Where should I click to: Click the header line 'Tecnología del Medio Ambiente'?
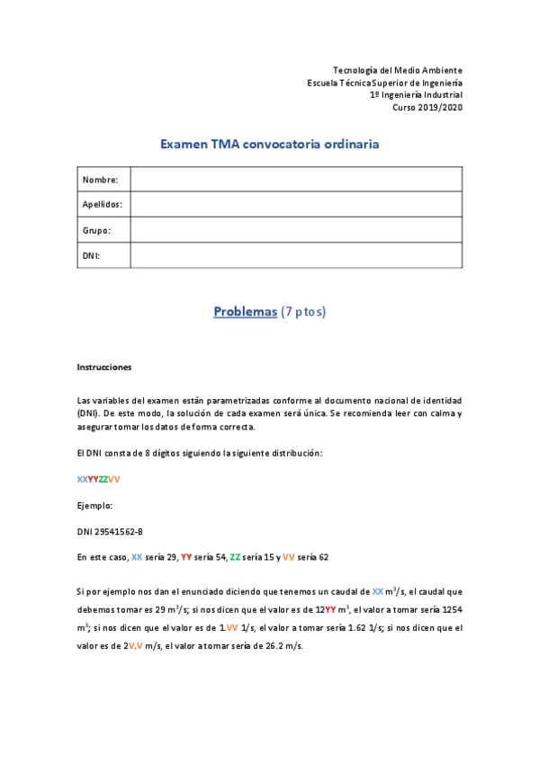398,70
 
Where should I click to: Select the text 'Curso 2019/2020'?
427,107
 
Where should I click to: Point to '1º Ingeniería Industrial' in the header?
416,94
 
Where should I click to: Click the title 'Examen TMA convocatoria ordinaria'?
269,144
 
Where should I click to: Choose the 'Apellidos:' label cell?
103,205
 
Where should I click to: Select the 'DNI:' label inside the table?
92,255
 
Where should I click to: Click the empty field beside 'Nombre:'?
296,180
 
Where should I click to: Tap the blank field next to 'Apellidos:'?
296,205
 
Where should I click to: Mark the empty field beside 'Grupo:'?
296,230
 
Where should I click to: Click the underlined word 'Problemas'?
245,312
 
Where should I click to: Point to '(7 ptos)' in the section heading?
303,312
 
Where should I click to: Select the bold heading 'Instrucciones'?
104,367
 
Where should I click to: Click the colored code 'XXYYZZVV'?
99,479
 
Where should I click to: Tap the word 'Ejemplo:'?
95,505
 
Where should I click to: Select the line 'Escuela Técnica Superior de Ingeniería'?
385,83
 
